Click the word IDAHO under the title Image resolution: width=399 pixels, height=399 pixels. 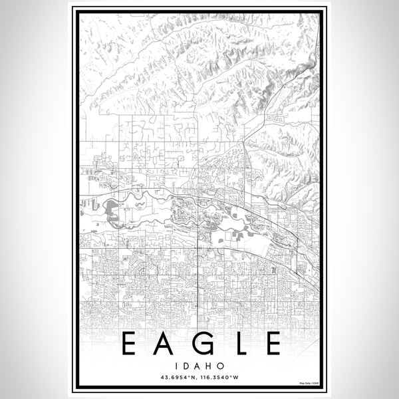(199, 366)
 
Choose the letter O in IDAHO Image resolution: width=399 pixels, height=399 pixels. (219, 366)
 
